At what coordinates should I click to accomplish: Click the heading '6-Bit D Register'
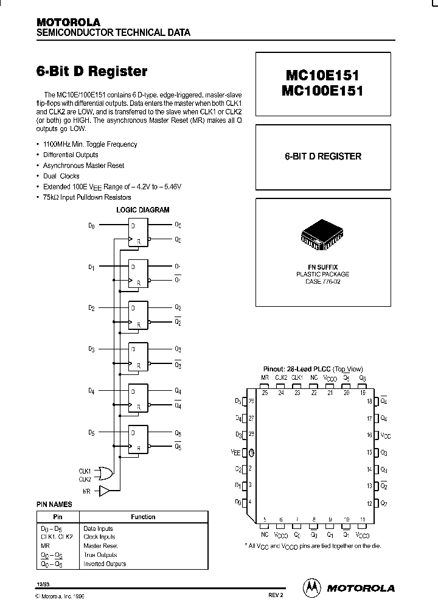pos(92,71)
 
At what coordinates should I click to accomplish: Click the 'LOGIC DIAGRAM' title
pos(142,209)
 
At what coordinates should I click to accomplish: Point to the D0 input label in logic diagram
pos(91,225)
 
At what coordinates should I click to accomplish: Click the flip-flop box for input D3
pos(137,356)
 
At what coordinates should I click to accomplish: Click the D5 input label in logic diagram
pos(91,433)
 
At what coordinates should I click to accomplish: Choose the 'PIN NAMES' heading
pos(55,505)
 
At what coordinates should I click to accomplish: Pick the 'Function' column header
pos(143,517)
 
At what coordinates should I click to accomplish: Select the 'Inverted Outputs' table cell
pos(104,564)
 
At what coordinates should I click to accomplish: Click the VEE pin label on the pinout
pos(236,452)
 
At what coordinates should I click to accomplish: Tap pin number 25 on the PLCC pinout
pos(265,393)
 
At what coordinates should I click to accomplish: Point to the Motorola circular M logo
pos(311,587)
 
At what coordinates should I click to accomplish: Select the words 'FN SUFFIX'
pos(322,267)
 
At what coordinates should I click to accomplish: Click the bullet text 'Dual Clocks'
pos(61,176)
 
